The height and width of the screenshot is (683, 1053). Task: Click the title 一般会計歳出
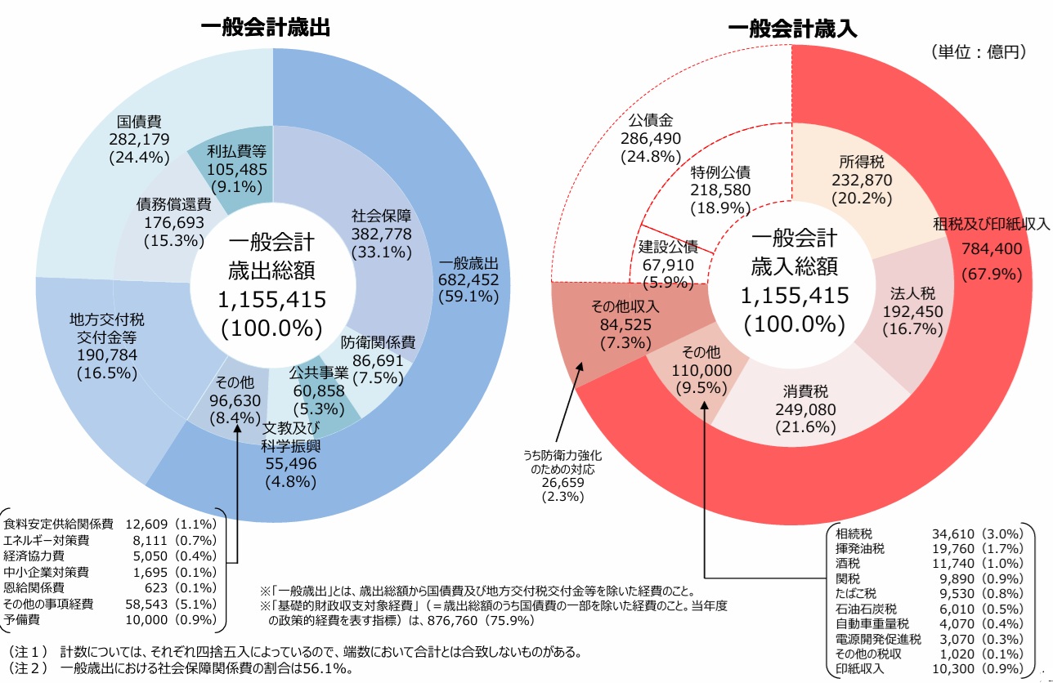(265, 28)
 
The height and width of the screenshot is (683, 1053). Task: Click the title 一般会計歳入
(791, 29)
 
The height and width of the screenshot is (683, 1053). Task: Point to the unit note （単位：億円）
(977, 51)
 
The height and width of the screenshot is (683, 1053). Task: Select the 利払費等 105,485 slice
(237, 168)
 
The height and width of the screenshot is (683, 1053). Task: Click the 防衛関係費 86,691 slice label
(378, 359)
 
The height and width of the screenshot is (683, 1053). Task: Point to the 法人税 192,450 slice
(913, 311)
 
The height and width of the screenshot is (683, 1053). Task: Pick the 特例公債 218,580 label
(719, 190)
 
